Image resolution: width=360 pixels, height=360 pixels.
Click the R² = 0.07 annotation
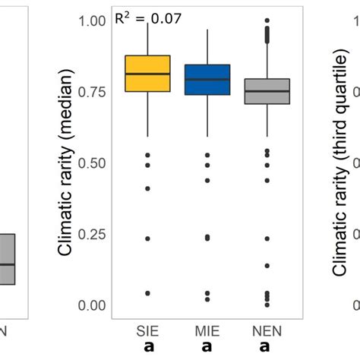148,17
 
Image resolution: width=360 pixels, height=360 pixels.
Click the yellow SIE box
147,74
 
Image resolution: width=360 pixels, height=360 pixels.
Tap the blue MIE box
207,79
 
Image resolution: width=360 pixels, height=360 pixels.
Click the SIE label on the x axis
148,331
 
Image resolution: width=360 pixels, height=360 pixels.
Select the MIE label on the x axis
207,331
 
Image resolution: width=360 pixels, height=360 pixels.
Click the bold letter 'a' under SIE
148,348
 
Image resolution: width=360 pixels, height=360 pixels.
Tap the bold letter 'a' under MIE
207,348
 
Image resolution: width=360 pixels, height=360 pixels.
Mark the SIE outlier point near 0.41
147,188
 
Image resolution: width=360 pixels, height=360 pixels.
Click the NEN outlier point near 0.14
267,266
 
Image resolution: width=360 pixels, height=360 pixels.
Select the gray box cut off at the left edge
7,259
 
